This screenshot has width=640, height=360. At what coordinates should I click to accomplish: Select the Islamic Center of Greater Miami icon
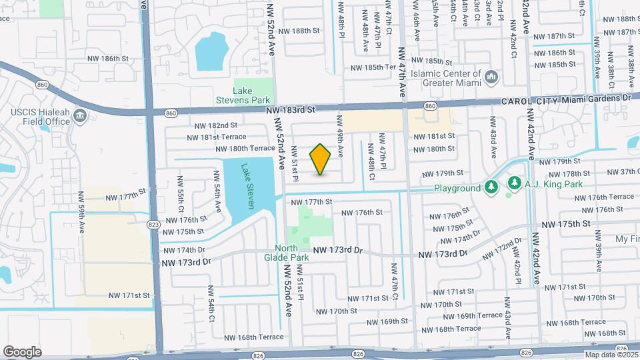pos(492,78)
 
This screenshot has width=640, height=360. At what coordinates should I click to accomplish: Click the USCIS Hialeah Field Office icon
pos(81,117)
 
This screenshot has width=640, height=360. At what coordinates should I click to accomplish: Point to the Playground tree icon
pos(491,187)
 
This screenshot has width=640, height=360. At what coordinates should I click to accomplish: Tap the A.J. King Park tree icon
pos(514,183)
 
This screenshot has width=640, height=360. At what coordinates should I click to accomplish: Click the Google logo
pos(22,351)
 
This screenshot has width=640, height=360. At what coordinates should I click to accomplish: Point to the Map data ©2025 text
pos(611,355)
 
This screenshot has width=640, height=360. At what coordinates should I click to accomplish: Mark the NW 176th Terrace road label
pos(605,197)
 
